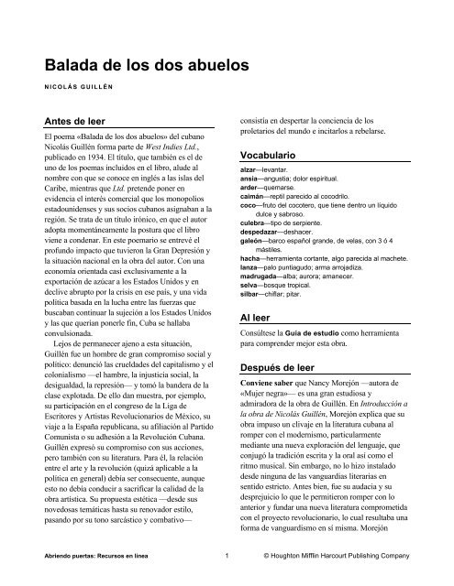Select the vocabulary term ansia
pos(248,181)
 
